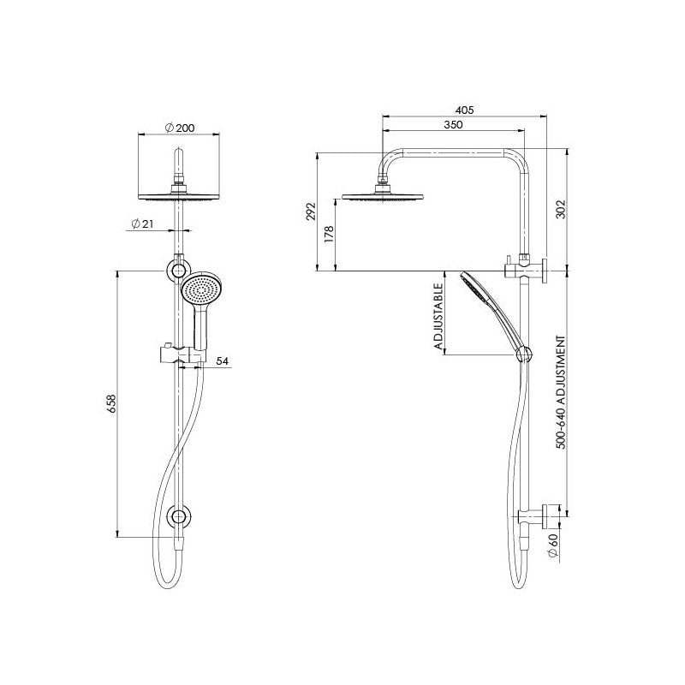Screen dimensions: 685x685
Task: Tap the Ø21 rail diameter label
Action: click(142, 223)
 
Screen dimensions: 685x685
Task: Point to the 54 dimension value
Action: click(223, 362)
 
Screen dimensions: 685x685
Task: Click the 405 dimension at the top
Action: click(464, 110)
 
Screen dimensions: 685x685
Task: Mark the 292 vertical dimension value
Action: click(311, 211)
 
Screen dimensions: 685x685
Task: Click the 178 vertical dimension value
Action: click(328, 235)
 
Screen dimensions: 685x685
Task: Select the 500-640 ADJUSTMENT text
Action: click(563, 393)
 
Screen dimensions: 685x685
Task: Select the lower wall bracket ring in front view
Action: click(180, 516)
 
